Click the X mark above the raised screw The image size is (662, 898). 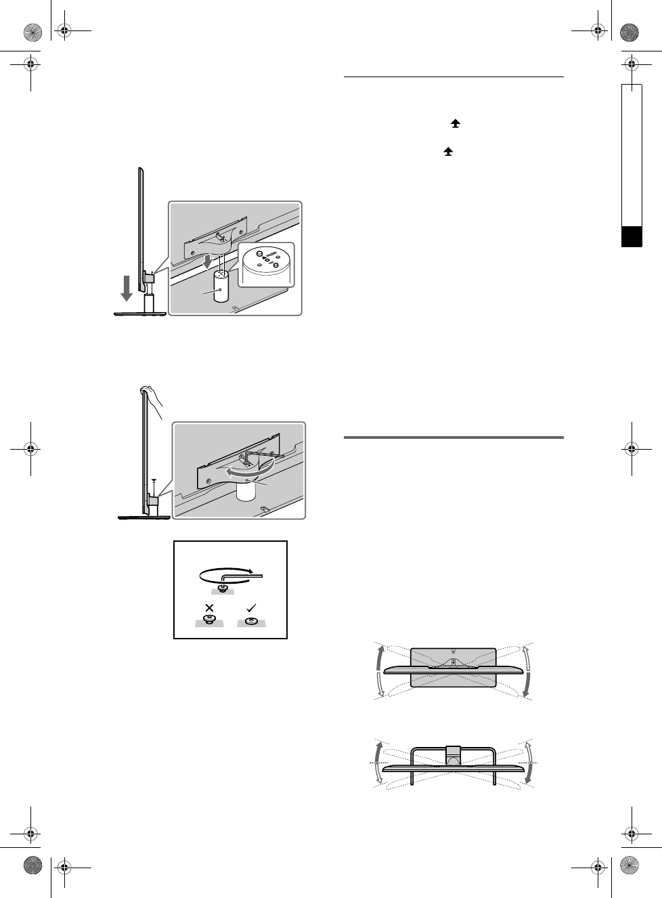pos(209,607)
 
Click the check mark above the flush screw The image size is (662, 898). pos(251,607)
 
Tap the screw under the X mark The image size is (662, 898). pos(209,619)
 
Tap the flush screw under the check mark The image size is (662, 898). pos(251,620)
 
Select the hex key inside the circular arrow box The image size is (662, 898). pos(240,574)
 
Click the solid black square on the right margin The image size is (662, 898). pos(632,237)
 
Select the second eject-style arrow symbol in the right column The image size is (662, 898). pos(447,154)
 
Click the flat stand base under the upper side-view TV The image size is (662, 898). pos(141,314)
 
